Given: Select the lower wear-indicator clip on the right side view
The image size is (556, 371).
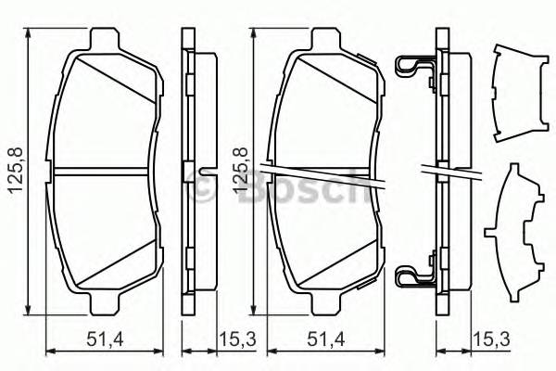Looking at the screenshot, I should coord(411,275).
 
